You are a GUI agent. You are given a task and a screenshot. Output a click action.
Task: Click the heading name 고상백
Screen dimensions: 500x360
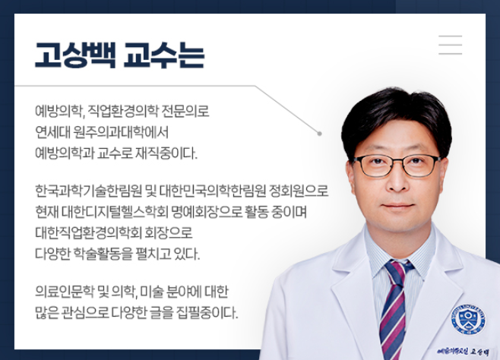[x=75, y=55]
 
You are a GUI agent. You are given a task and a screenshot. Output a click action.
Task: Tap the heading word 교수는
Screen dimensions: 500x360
[x=164, y=55]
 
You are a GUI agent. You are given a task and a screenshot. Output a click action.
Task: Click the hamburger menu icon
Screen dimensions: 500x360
[x=451, y=45]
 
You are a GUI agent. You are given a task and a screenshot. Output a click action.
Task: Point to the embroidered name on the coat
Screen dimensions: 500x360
[x=463, y=352]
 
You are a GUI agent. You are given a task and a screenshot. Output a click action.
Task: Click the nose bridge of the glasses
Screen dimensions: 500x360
[x=397, y=159]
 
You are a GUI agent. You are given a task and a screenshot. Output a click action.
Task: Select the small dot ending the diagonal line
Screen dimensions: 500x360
[x=319, y=134]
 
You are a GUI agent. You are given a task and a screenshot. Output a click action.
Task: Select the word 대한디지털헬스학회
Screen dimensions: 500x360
[x=115, y=212]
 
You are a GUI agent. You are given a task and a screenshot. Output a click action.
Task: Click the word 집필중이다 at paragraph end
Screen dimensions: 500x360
[x=207, y=312]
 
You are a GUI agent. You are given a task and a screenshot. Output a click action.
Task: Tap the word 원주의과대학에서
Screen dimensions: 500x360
[x=121, y=132]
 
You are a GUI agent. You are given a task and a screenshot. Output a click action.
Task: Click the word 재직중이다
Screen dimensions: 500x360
[x=166, y=153]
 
